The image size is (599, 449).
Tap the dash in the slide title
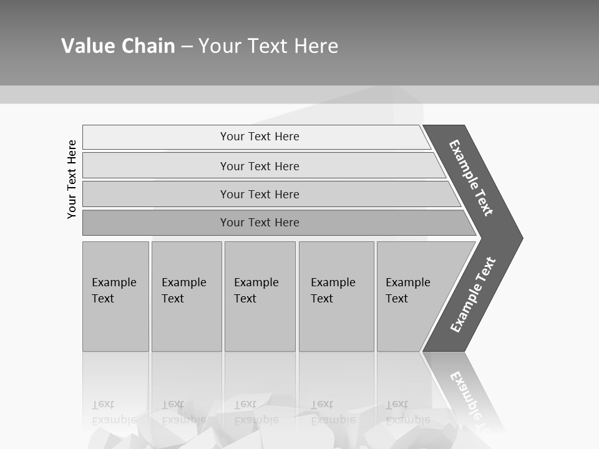click(187, 47)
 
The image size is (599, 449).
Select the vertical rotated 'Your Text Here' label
click(72, 179)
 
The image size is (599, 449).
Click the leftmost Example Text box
click(115, 296)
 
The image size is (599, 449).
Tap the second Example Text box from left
click(187, 296)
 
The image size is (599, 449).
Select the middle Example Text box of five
click(260, 296)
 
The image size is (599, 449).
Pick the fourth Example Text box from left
click(336, 296)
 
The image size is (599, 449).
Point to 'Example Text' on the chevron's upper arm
click(471, 178)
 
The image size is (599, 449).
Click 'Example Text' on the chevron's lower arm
click(473, 294)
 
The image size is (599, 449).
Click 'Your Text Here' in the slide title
click(268, 46)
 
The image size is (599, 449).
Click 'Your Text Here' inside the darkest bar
click(260, 223)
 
